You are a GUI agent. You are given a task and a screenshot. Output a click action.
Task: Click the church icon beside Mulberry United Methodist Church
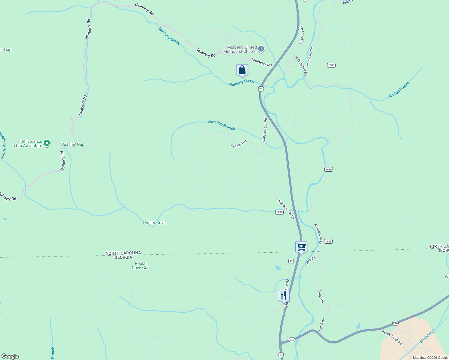[261, 49]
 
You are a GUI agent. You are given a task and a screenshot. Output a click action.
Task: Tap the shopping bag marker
[242, 70]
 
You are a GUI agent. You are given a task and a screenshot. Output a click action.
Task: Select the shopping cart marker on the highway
[301, 247]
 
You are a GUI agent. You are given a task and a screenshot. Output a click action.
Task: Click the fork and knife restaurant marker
[284, 296]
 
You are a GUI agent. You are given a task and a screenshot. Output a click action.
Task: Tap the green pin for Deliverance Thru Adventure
[47, 143]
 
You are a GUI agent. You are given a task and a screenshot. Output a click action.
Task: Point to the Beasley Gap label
[73, 145]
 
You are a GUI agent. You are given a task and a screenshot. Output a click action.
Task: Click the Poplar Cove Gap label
[141, 266]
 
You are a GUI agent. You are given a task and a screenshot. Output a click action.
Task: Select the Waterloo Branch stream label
[221, 125]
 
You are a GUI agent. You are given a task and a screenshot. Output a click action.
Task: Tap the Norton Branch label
[399, 90]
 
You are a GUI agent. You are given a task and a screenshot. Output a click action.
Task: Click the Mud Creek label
[427, 336]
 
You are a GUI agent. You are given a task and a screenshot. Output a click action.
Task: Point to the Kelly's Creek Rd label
[392, 337]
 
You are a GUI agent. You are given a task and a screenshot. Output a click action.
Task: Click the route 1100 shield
[279, 212]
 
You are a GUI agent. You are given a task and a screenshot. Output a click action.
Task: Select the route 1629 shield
[328, 169]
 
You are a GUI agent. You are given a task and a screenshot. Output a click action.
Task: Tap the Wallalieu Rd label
[238, 144]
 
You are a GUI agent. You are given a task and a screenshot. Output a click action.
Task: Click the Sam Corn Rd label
[309, 56]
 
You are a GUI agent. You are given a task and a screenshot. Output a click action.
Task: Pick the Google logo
[10, 356]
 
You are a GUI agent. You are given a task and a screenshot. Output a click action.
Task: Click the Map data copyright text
[430, 358]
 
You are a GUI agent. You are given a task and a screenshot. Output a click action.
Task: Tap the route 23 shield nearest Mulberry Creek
[261, 89]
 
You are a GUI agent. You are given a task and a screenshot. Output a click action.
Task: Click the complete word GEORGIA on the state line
[123, 257]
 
